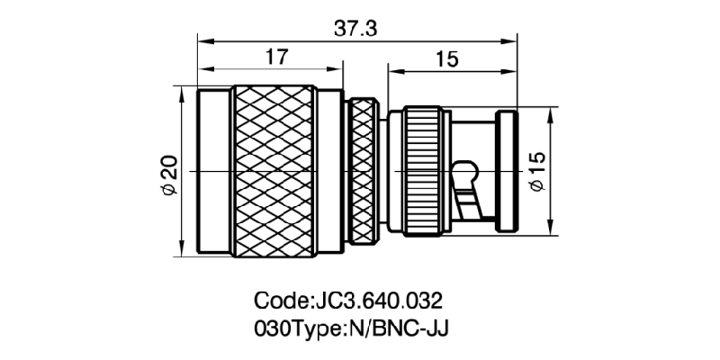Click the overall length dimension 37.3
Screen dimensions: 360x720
coord(355,28)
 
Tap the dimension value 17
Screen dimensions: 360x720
coord(276,57)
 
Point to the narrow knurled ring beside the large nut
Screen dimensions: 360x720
coord(364,171)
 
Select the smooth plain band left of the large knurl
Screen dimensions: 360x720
coord(215,171)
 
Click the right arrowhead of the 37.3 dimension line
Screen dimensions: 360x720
coord(514,40)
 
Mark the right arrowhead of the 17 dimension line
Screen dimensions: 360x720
coord(337,68)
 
